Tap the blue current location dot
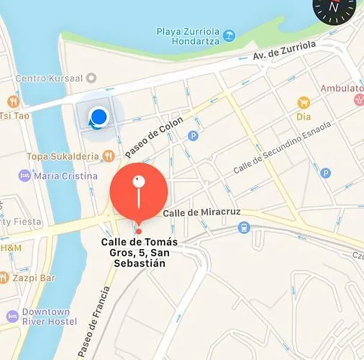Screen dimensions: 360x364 pyautogui.click(x=99, y=116)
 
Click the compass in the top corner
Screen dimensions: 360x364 pyautogui.click(x=334, y=7)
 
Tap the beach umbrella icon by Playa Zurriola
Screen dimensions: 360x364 pyautogui.click(x=229, y=34)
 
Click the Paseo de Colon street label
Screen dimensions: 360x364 pyautogui.click(x=153, y=137)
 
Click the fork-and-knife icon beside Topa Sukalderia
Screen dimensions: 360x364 pyautogui.click(x=107, y=155)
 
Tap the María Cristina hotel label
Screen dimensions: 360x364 pyautogui.click(x=65, y=176)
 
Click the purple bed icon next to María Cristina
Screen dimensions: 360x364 pyautogui.click(x=24, y=176)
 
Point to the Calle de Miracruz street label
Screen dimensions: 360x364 pyautogui.click(x=201, y=213)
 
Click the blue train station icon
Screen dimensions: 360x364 pyautogui.click(x=244, y=228)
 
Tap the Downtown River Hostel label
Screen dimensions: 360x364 pyautogui.click(x=46, y=318)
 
